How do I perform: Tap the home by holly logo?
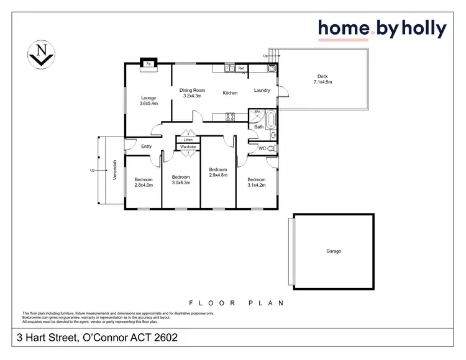click(x=381, y=29)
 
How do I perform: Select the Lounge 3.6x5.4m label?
click(x=148, y=101)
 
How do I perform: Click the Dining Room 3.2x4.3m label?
click(x=193, y=93)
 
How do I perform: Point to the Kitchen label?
click(x=230, y=93)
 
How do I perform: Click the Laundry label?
click(x=262, y=91)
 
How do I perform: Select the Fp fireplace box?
click(x=148, y=63)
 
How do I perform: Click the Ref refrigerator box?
click(x=241, y=68)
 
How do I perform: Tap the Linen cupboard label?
click(x=188, y=140)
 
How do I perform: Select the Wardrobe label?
click(x=188, y=147)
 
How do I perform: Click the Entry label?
click(x=147, y=146)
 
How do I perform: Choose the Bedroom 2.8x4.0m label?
click(x=144, y=182)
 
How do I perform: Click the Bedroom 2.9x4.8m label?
click(x=218, y=173)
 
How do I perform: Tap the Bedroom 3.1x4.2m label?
click(x=256, y=182)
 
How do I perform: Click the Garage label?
click(x=334, y=251)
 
